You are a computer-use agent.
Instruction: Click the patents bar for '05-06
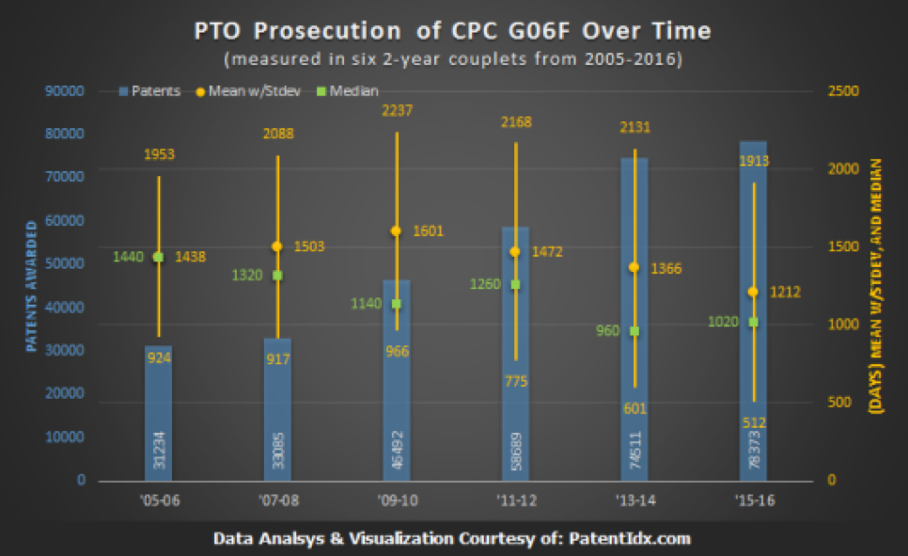(158, 414)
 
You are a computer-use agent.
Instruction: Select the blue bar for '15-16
(753, 310)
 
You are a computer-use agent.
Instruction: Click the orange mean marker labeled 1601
(396, 230)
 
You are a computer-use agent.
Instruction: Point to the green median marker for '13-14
(634, 331)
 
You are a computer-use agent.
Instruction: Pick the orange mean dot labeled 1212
(753, 292)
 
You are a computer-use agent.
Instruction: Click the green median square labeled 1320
(277, 275)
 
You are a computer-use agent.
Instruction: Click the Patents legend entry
(150, 91)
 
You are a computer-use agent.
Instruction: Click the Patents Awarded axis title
(31, 286)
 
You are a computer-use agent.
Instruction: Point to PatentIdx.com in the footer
(632, 538)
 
